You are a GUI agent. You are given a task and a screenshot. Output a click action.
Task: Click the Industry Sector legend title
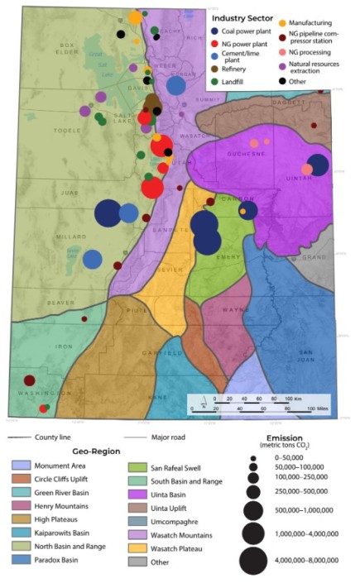[248, 17]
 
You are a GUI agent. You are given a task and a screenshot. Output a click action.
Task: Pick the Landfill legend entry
[237, 82]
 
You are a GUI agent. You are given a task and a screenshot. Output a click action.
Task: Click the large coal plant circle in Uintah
[318, 165]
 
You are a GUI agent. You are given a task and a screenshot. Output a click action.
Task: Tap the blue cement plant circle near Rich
[176, 84]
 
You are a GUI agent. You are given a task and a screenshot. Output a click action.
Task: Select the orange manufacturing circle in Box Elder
[135, 17]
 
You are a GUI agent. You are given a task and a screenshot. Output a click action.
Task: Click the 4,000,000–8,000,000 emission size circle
[255, 560]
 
